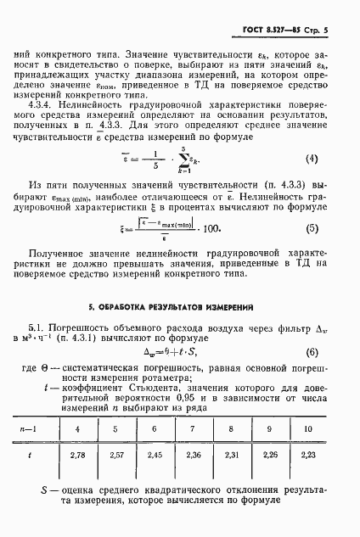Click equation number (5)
click(x=312, y=228)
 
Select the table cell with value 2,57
click(x=117, y=479)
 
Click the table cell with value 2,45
click(x=155, y=479)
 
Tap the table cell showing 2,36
click(x=193, y=479)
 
